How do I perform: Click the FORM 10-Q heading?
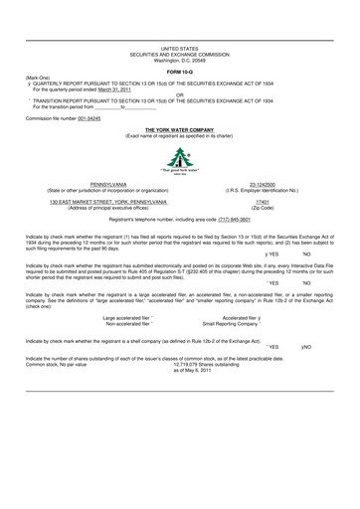180,74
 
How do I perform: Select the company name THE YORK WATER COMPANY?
180,129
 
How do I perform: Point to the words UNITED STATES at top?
180,48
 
